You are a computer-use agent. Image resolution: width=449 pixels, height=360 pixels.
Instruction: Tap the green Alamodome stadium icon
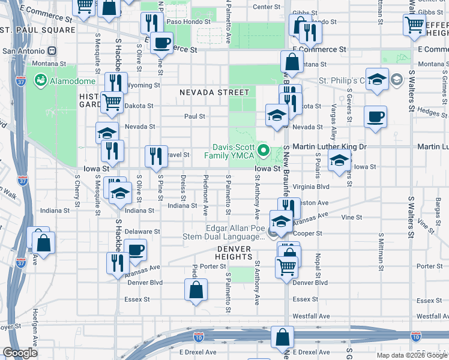pos(41,79)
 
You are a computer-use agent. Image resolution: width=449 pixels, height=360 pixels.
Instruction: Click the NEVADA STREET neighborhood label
pos(214,92)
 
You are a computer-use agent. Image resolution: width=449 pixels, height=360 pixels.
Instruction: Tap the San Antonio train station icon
pos(62,51)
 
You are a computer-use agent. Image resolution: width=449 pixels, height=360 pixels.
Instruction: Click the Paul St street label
pos(194,116)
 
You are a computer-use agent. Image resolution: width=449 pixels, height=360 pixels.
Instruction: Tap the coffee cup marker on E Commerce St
pos(161,43)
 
